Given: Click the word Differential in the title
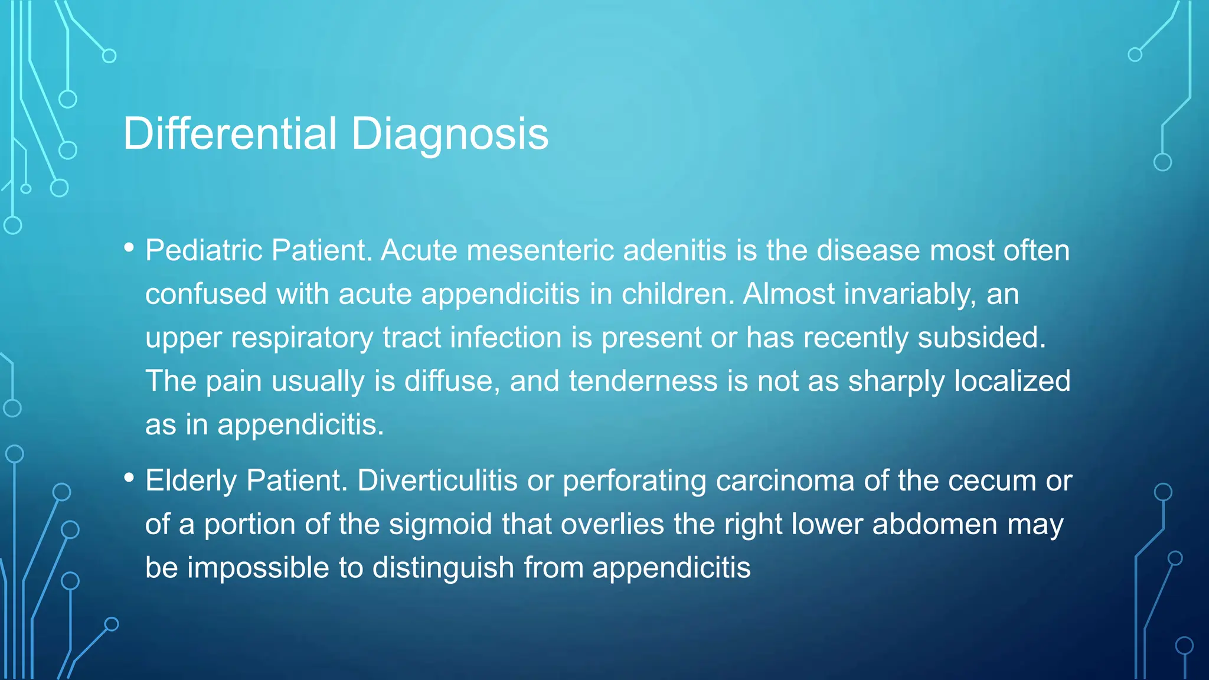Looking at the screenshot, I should (230, 134).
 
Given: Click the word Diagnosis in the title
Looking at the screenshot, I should (450, 134).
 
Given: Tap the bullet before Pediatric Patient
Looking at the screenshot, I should (129, 248).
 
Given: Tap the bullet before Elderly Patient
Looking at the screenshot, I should (129, 478).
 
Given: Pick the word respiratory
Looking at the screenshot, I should (302, 338).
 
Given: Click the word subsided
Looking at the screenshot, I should (982, 338).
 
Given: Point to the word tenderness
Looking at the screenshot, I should (643, 381).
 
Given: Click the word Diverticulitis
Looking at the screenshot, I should (437, 480).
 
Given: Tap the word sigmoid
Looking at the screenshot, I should (440, 524).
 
